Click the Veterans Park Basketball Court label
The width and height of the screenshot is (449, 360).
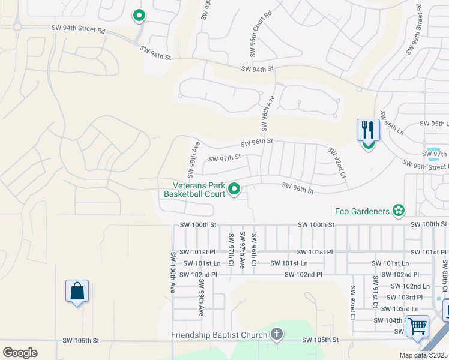194,190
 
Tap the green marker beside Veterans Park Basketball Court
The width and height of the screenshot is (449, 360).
235,190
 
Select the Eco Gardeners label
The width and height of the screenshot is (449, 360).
361,211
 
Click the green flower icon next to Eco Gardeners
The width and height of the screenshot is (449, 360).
398,210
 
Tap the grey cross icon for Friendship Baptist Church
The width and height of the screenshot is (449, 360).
276,334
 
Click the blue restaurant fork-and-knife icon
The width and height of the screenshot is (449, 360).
368,130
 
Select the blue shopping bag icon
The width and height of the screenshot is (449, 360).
77,291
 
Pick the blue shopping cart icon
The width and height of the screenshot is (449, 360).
417,327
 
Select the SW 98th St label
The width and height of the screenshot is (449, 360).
298,188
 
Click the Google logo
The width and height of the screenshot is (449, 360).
20,352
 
